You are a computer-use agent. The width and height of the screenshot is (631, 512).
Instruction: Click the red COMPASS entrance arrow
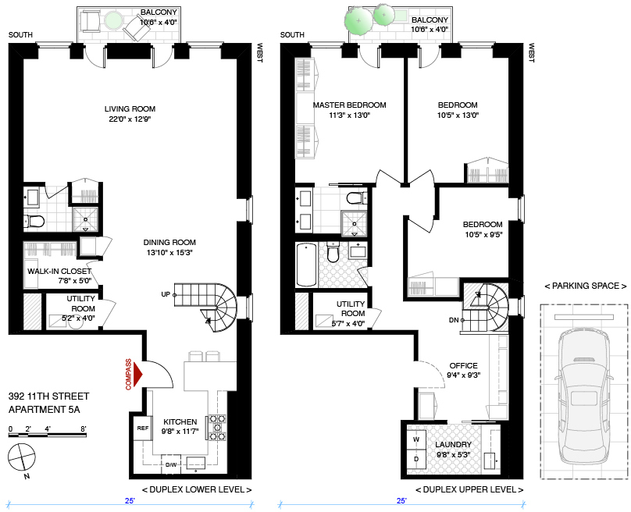pos(138,375)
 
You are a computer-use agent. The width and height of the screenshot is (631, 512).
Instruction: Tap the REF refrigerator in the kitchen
pos(143,428)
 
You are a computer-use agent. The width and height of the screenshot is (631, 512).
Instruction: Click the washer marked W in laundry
pos(416,439)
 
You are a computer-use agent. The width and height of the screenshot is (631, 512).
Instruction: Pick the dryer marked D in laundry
pos(416,459)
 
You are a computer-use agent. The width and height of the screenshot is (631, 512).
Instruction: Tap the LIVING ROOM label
pos(130,108)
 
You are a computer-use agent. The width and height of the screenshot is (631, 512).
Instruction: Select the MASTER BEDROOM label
pos(349,105)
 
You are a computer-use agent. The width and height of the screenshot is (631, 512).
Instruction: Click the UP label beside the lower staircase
pos(166,294)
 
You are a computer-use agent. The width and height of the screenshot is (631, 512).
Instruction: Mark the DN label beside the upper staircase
pos(454,320)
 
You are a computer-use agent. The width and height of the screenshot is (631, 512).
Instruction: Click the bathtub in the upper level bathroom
pos(306,265)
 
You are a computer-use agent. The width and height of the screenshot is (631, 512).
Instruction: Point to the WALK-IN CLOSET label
pos(59,271)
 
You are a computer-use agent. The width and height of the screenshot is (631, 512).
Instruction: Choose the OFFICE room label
pos(464,365)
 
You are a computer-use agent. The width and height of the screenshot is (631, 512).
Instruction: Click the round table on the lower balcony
pos(113,20)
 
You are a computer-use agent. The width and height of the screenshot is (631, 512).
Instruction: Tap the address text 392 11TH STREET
pos(48,396)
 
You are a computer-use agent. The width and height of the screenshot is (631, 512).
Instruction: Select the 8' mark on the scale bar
pos(84,429)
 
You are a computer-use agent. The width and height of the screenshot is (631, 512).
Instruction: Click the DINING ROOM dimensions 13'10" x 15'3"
pos(169,253)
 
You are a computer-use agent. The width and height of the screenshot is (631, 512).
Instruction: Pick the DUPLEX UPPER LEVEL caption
pos(469,489)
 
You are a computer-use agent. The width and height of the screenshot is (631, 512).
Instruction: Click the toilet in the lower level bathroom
pos(34,221)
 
